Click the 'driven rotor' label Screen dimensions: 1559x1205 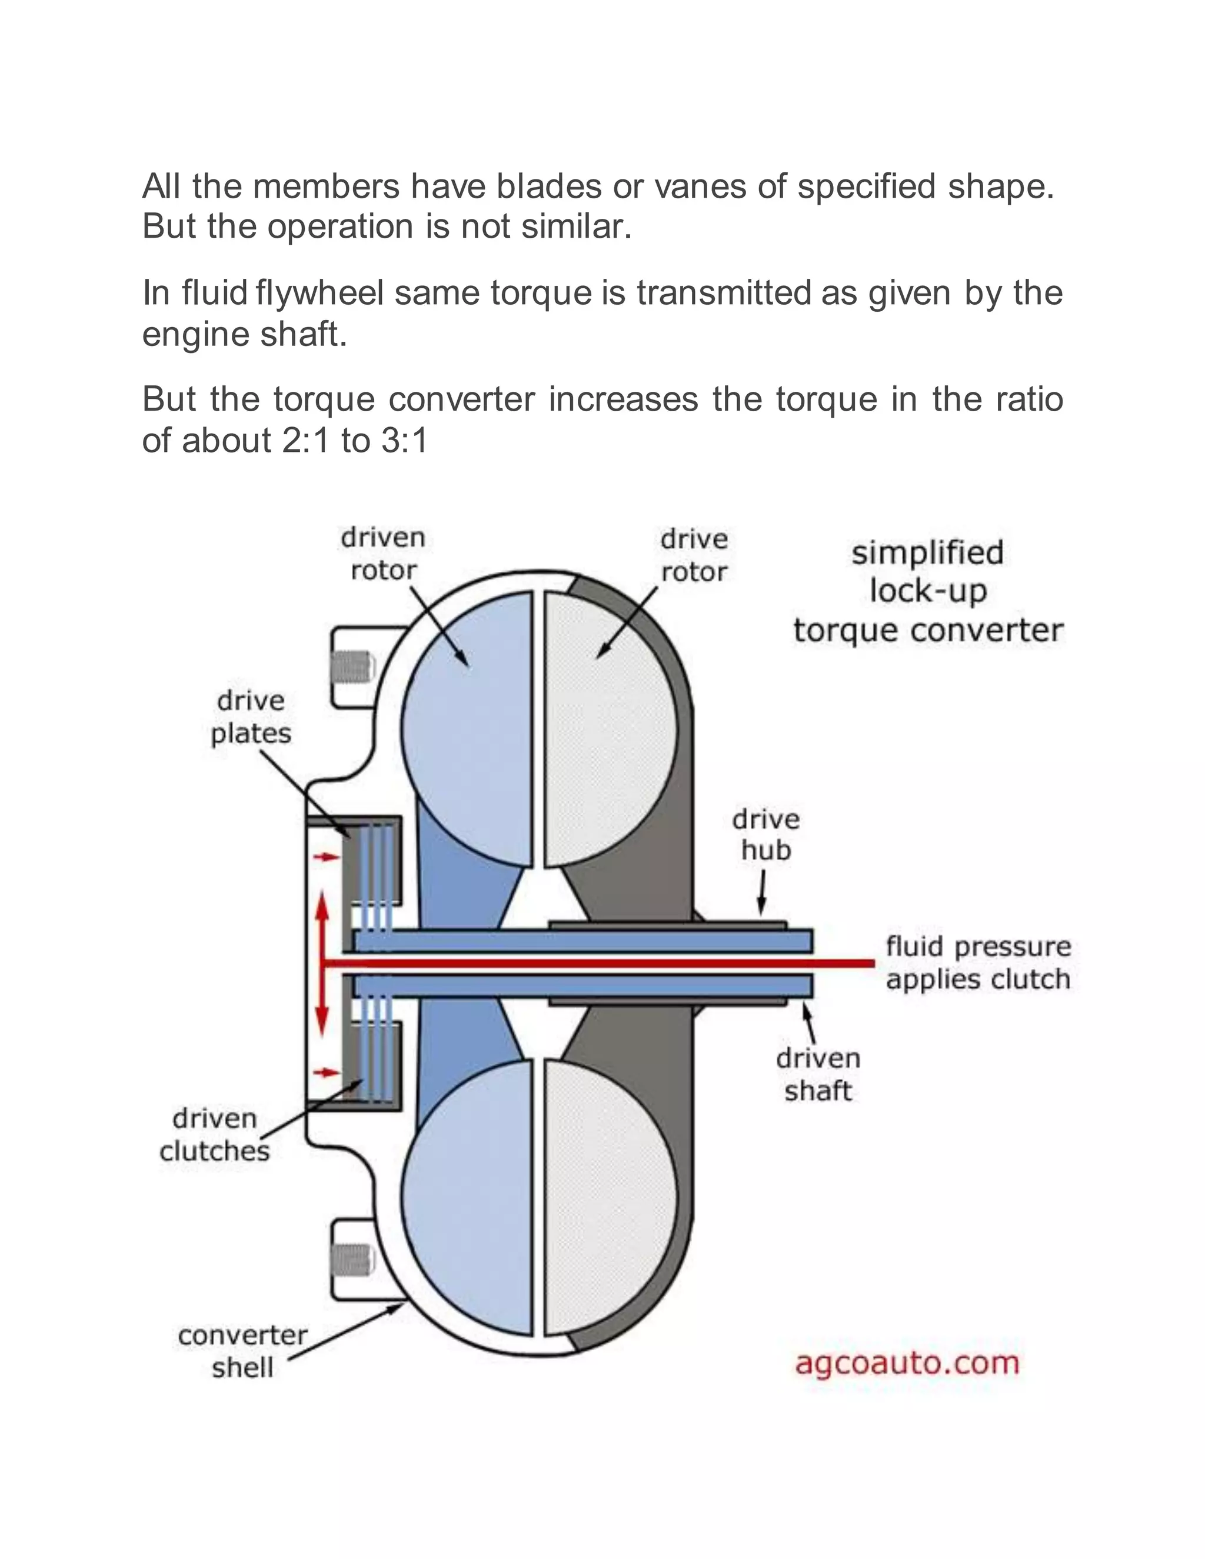[x=382, y=554]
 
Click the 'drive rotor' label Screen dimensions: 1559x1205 [x=694, y=555]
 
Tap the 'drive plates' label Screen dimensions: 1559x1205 [x=251, y=717]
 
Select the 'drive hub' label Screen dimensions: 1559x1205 [x=765, y=834]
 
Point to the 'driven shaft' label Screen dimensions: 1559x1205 [x=818, y=1074]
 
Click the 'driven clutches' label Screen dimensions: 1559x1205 [x=214, y=1134]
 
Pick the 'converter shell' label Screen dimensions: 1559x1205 [x=243, y=1351]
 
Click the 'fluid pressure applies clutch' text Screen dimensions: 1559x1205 [x=978, y=962]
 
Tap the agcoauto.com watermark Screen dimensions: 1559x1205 [x=907, y=1362]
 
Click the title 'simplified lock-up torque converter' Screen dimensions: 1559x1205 [x=928, y=591]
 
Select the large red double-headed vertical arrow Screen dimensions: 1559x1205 [x=322, y=963]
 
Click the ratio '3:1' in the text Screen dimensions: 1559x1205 [x=404, y=441]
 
